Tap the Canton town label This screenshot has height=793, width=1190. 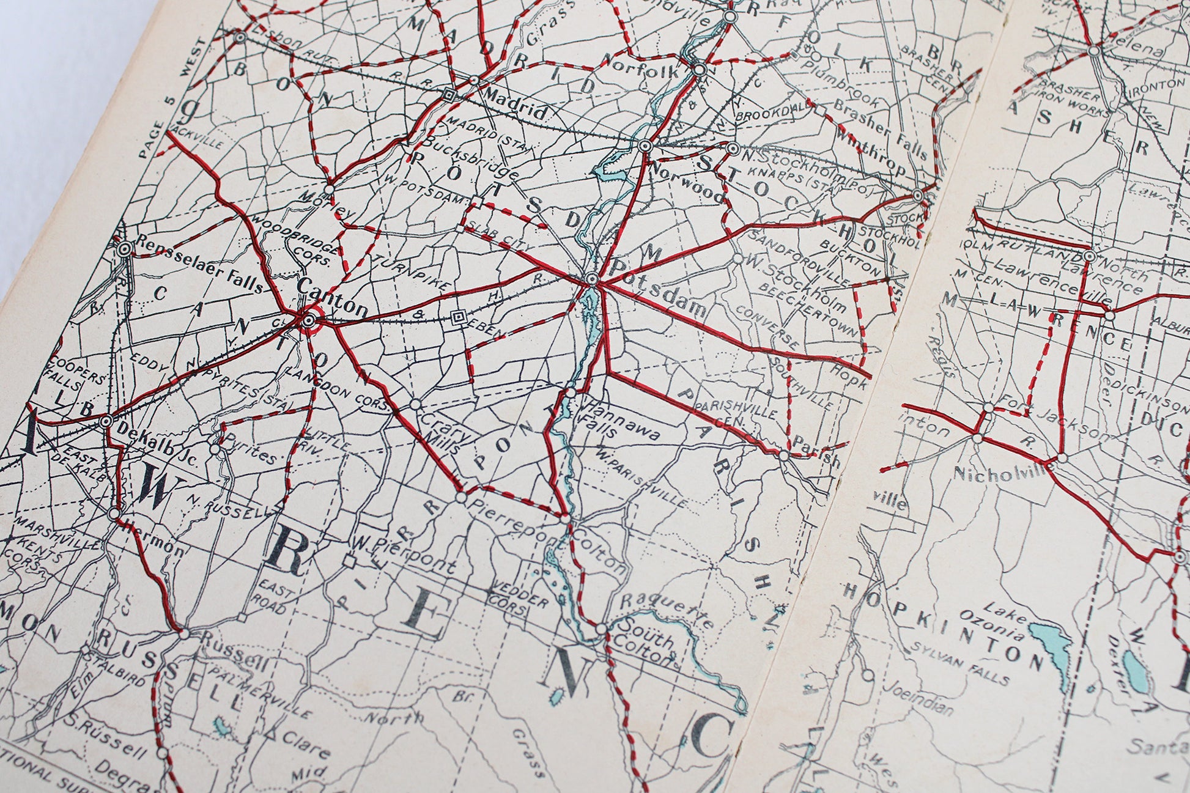333,297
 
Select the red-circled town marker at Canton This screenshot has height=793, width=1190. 309,320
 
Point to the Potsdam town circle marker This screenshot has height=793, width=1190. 591,279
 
